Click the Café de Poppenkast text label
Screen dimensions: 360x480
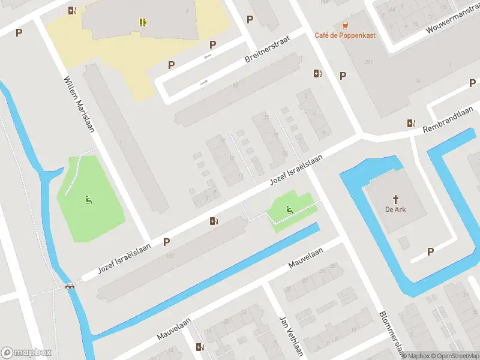tap(345, 35)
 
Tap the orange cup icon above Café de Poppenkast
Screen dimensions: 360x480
tap(345, 25)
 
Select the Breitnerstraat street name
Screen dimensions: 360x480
tap(268, 49)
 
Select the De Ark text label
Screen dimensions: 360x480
tap(395, 210)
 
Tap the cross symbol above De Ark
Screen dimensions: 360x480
tap(395, 199)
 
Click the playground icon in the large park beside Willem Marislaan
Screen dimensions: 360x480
tap(89, 200)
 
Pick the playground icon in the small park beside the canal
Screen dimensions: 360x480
tap(289, 209)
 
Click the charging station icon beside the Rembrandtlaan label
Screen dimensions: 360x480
tap(411, 123)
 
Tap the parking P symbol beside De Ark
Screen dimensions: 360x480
tap(430, 252)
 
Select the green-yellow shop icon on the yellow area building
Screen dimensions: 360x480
tap(143, 22)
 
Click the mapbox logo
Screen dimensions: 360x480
tap(26, 353)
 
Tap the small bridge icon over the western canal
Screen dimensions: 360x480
tap(70, 286)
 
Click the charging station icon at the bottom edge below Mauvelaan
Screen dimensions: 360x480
tap(200, 347)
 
